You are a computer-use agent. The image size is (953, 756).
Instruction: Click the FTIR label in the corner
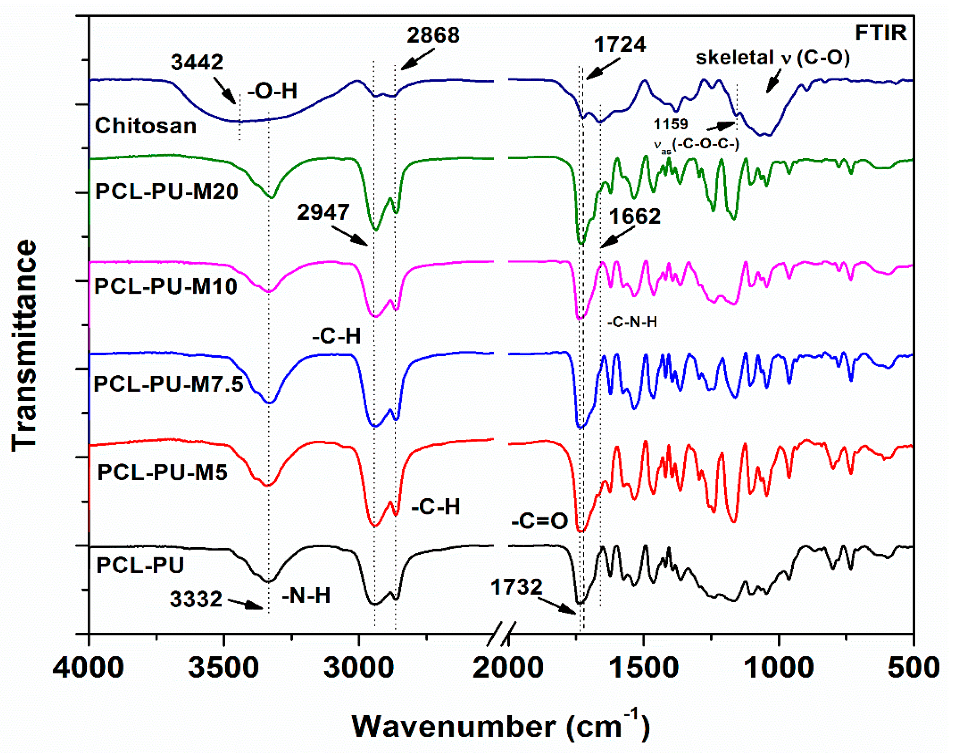click(x=880, y=33)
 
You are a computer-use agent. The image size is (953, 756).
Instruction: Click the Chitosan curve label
click(x=145, y=126)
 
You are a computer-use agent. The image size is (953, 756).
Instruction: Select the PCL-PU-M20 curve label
click(x=167, y=192)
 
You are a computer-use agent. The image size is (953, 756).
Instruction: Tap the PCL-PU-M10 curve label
click(x=166, y=286)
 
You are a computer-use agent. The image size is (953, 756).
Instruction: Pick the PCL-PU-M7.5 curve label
click(x=168, y=384)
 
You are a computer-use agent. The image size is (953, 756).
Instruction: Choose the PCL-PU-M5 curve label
click(x=162, y=472)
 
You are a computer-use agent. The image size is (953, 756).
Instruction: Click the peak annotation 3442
click(x=197, y=62)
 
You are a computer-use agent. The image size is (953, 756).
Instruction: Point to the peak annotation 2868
click(x=433, y=36)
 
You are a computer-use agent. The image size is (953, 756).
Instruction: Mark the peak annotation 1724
click(x=619, y=45)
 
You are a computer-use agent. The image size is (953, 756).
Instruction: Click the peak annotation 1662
click(x=634, y=217)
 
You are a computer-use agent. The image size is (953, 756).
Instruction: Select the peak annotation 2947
click(x=323, y=212)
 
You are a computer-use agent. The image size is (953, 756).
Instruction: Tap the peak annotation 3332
click(x=196, y=599)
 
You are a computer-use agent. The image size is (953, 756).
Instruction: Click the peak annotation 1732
click(x=516, y=587)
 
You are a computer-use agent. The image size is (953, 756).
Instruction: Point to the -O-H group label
click(x=272, y=91)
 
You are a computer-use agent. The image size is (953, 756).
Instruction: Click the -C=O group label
click(x=539, y=521)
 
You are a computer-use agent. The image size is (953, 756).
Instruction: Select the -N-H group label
click(x=306, y=596)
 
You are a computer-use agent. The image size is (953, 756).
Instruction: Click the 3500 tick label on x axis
click(x=223, y=668)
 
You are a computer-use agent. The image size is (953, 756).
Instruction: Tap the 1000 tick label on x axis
click(x=778, y=668)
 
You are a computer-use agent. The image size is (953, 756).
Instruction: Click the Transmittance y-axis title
click(x=24, y=345)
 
